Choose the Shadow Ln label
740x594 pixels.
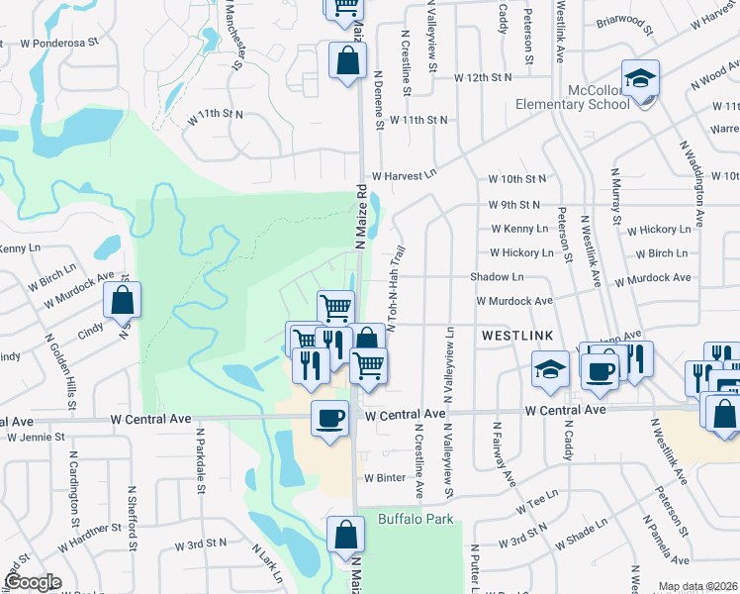(497, 278)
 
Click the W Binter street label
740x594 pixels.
(385, 477)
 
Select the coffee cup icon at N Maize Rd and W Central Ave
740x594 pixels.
(329, 416)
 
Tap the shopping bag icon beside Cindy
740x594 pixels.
(122, 300)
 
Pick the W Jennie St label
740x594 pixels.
(36, 436)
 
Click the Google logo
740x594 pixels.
(33, 582)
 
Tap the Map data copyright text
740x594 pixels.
(696, 586)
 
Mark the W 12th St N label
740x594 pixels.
(483, 77)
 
